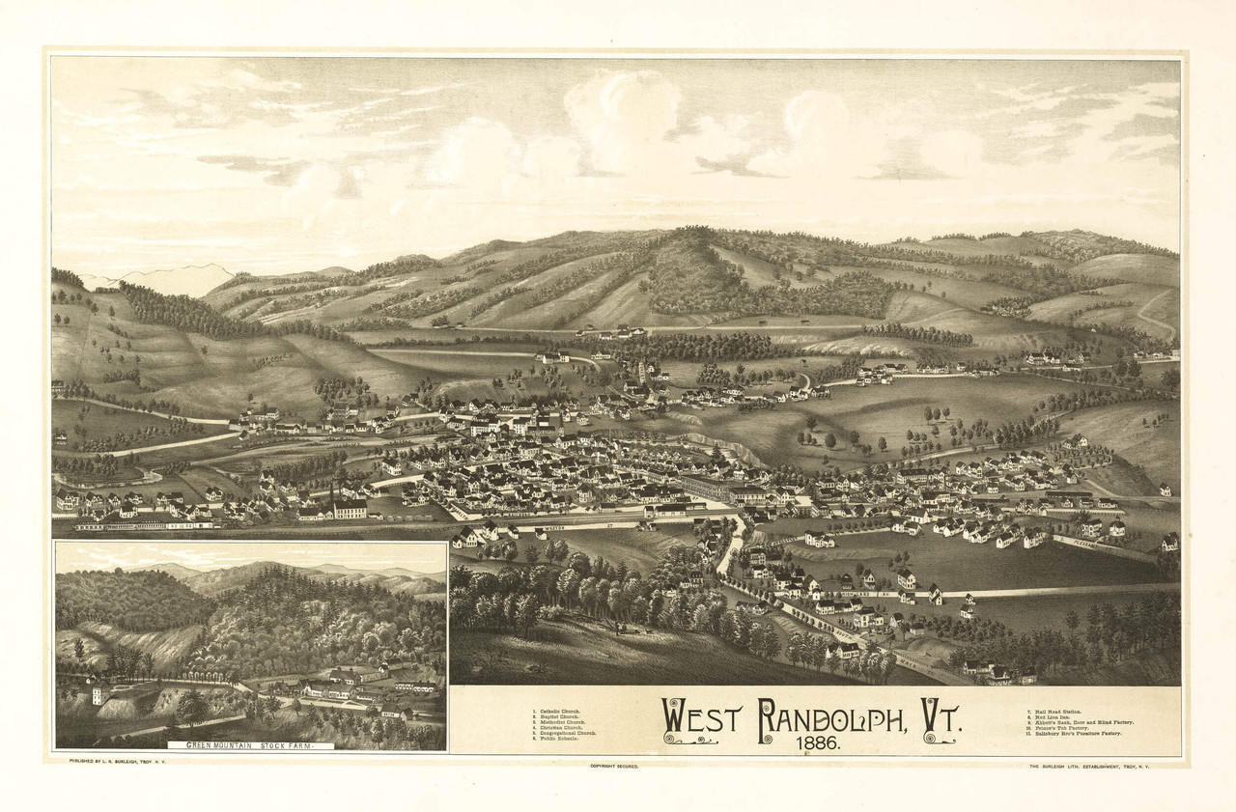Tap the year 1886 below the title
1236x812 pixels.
[x=818, y=745]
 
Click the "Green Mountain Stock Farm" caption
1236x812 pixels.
[x=251, y=745]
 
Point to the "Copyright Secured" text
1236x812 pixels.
[x=614, y=766]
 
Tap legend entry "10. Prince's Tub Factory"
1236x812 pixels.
[x=1061, y=728]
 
